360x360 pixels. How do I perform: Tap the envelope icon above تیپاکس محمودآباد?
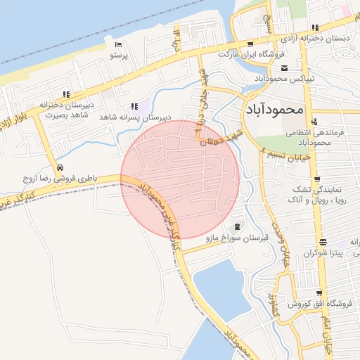pos(284,68)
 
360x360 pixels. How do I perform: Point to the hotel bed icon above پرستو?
pos(118,45)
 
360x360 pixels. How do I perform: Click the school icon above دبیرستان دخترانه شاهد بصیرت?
pos(65,94)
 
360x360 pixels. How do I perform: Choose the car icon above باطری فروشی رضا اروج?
pos(62,169)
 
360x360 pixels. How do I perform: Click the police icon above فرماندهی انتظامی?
pos(314,121)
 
